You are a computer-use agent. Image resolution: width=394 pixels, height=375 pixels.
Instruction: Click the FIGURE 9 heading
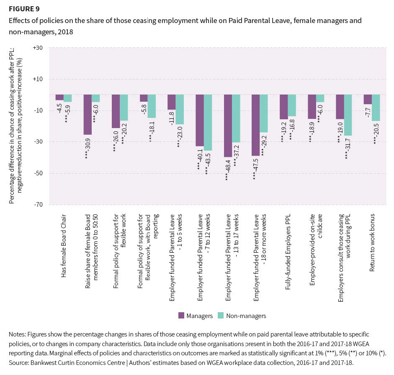click(x=22, y=8)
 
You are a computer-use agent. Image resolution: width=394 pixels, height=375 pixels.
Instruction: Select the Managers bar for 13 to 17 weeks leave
click(x=228, y=126)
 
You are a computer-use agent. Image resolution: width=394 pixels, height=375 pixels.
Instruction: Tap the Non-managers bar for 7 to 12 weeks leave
click(x=208, y=122)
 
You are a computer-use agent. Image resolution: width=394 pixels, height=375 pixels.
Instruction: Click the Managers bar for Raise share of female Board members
click(x=88, y=114)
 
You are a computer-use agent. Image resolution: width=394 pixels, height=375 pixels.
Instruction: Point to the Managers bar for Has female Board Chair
click(x=59, y=97)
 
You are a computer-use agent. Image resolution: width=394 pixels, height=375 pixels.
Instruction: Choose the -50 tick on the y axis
click(x=39, y=173)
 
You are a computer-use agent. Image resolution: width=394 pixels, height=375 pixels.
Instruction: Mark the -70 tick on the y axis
click(x=39, y=205)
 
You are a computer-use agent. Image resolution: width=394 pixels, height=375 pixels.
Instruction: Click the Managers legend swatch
click(x=181, y=316)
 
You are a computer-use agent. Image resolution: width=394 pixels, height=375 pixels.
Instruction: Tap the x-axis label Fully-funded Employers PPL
click(x=288, y=244)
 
